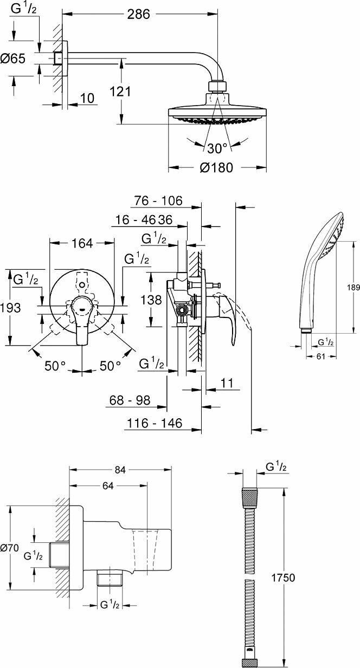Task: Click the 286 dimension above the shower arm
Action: [x=138, y=14]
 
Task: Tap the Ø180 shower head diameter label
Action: [x=216, y=167]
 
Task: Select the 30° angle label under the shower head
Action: [x=217, y=148]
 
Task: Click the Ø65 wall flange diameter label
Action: [x=13, y=58]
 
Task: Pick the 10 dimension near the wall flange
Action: [x=87, y=98]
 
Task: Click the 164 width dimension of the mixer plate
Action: [x=82, y=243]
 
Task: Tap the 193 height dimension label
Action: [x=10, y=308]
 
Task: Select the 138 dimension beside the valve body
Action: [x=151, y=300]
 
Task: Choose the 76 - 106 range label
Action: [x=158, y=200]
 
